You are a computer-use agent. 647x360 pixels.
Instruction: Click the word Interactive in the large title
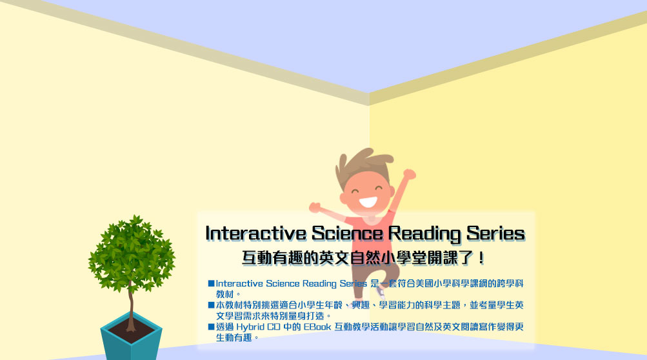[256, 234]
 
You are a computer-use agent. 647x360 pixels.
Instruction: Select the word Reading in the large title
[424, 234]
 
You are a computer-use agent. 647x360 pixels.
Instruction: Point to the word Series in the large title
[495, 234]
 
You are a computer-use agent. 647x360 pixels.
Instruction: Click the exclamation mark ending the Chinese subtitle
[481, 259]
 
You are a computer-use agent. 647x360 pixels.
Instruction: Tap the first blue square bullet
[212, 283]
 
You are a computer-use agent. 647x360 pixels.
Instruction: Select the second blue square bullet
[212, 305]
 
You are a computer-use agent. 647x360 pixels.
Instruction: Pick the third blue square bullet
[212, 326]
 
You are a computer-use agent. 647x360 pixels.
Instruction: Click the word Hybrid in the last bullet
[250, 327]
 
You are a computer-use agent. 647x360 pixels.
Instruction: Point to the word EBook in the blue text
[317, 326]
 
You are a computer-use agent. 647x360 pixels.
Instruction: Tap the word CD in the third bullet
[274, 326]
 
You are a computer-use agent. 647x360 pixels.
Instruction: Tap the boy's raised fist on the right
[410, 174]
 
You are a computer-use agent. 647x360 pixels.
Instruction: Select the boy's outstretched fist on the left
[315, 207]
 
